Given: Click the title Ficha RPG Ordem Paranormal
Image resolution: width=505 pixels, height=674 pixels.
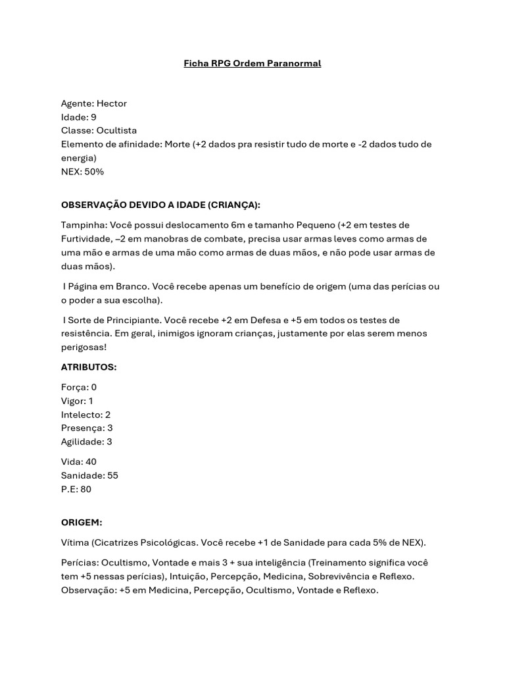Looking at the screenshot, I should [x=252, y=64].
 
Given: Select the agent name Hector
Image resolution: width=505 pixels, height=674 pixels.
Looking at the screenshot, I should [x=112, y=103].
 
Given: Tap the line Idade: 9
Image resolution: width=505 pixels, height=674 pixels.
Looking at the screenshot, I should [x=79, y=117].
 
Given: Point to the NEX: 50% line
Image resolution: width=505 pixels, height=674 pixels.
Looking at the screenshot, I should [x=82, y=172].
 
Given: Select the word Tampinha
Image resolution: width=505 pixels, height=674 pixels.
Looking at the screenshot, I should [x=81, y=225].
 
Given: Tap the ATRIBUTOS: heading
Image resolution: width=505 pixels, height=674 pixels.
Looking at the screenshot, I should [x=89, y=367].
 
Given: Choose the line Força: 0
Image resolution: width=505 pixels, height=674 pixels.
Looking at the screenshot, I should [x=79, y=387].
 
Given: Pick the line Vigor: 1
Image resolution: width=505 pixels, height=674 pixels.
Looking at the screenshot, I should [x=77, y=401].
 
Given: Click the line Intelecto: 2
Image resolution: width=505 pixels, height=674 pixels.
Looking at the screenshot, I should [x=85, y=415].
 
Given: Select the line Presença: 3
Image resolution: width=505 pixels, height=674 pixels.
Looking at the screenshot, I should [x=87, y=428].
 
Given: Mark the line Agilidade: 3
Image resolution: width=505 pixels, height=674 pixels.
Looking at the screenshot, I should [x=87, y=442].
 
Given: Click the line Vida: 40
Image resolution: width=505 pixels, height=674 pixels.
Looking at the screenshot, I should [x=79, y=462].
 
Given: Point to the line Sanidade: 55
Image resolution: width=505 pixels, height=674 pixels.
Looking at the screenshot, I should [x=89, y=475].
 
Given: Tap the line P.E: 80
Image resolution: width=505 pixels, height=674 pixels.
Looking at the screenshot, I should [x=76, y=489].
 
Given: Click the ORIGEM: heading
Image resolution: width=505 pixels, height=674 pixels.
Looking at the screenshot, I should [x=82, y=522].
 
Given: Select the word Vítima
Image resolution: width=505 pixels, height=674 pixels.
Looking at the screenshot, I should [x=75, y=542].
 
